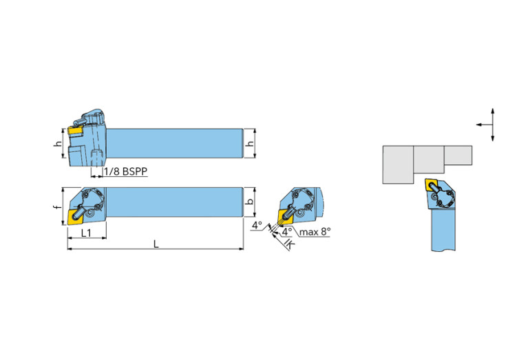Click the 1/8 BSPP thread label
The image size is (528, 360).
[127, 172]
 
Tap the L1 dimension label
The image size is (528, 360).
[86, 233]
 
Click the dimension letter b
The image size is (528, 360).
[251, 203]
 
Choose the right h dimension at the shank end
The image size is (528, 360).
[251, 143]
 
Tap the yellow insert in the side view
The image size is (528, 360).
[75, 128]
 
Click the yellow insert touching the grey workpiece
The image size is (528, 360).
[434, 184]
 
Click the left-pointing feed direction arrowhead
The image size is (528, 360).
[478, 125]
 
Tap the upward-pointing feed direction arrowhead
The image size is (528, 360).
[494, 111]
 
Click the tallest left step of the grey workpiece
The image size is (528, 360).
[398, 165]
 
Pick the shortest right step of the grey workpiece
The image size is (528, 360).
[458, 155]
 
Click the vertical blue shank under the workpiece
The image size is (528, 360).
[445, 231]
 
